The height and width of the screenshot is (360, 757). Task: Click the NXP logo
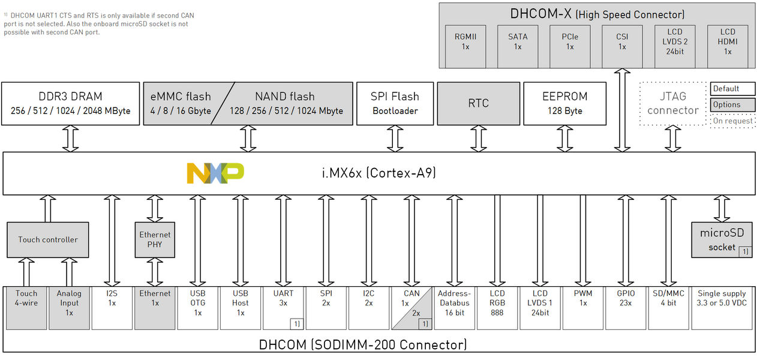pos(215,173)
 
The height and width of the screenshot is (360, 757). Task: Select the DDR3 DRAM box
pos(70,103)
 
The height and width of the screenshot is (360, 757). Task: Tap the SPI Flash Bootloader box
pos(395,103)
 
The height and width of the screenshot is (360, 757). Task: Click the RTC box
pos(478,103)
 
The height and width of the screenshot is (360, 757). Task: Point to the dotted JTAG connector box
pos(672,103)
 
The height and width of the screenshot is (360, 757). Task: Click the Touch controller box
pos(48,239)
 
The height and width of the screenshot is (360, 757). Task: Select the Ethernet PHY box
pos(155,239)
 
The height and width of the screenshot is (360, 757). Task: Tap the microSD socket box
pos(722,240)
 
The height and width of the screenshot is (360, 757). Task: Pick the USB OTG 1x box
pos(197,308)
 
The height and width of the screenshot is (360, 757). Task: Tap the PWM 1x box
pos(582,308)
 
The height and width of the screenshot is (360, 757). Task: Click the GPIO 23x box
pos(626,308)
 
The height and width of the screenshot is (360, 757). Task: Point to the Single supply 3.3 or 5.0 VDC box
pos(722,308)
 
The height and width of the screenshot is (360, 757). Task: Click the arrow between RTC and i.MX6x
pos(478,139)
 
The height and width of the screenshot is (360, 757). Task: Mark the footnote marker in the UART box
pos(296,324)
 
